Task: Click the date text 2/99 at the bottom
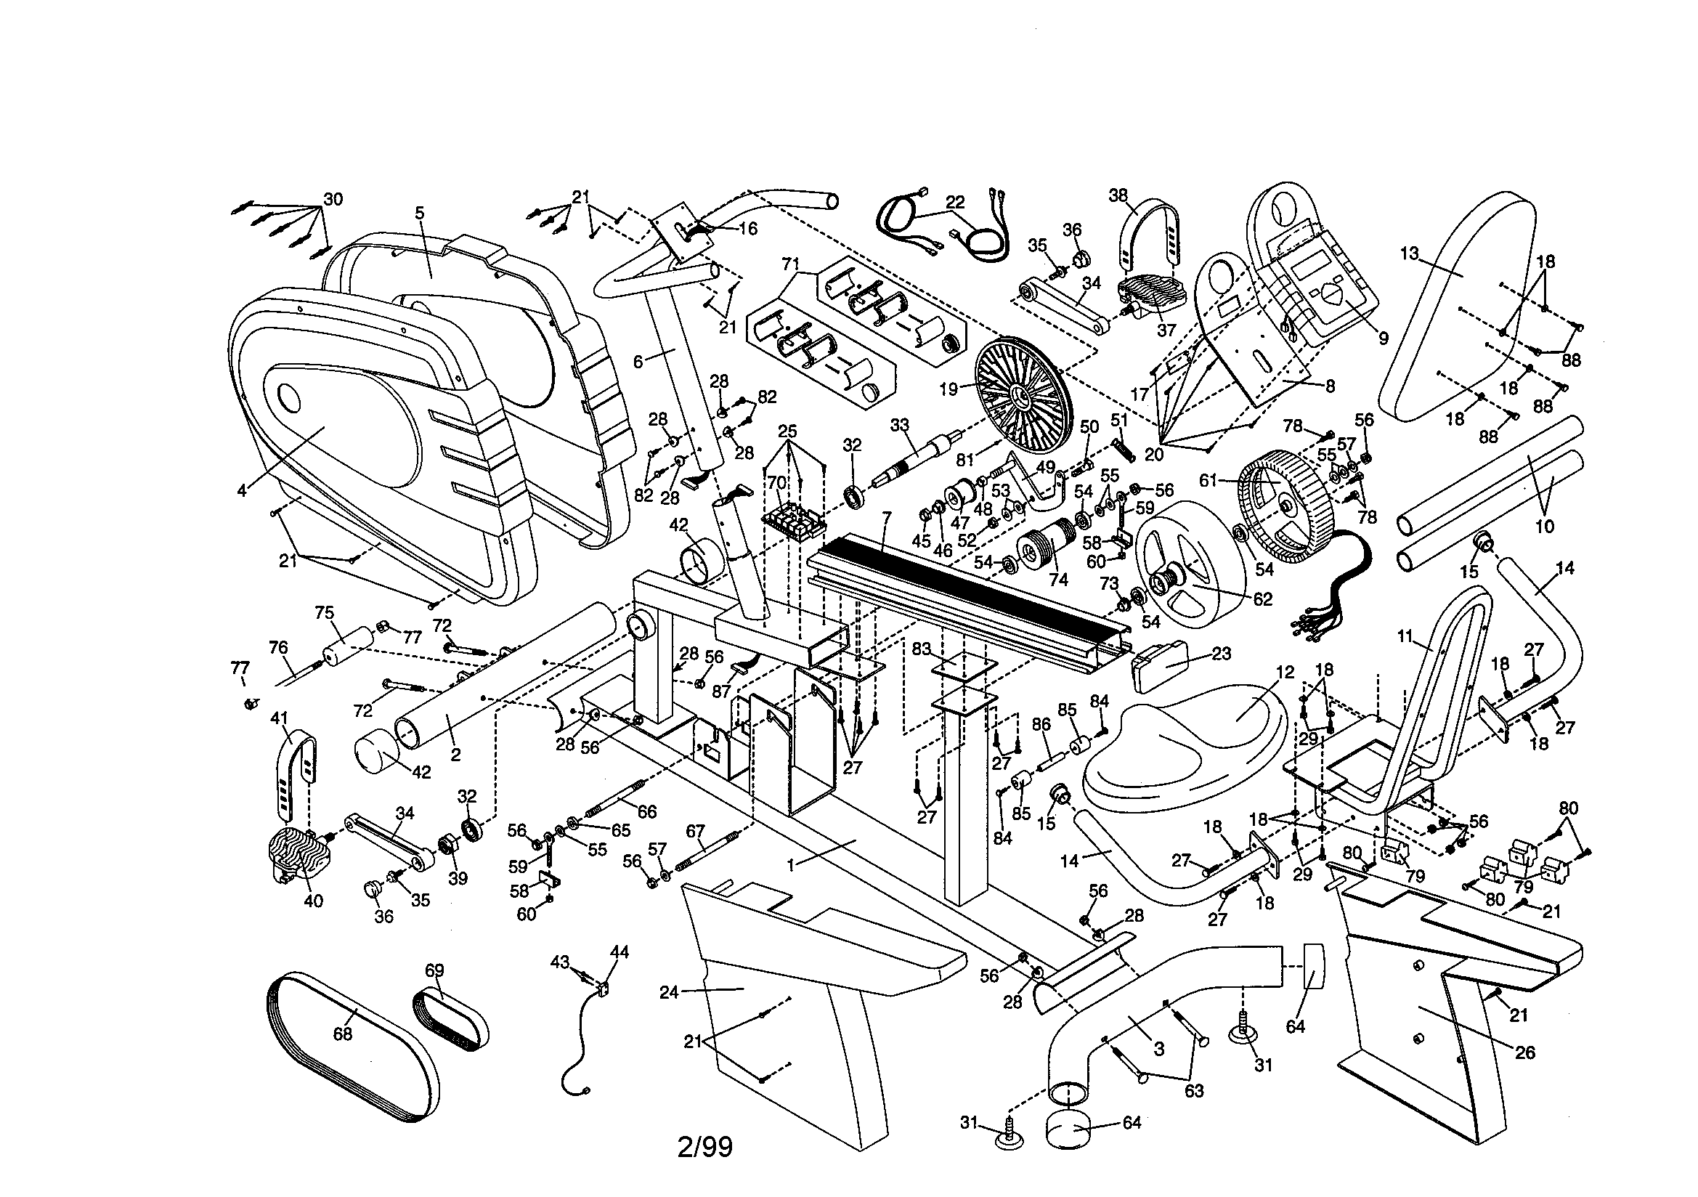coord(704,1146)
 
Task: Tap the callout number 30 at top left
coord(333,199)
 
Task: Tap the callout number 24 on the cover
coord(668,992)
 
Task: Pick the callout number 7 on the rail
coord(886,515)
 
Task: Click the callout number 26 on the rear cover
coord(1525,1052)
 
